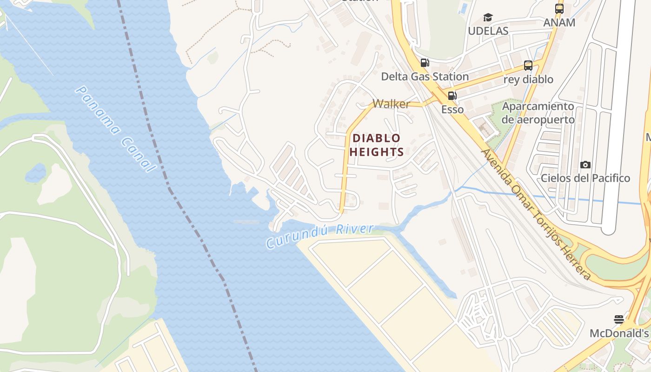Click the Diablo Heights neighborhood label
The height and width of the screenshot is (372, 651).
click(376, 145)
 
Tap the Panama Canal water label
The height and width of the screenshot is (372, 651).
click(114, 129)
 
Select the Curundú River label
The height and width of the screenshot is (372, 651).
click(320, 236)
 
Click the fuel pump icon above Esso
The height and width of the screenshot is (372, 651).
click(452, 96)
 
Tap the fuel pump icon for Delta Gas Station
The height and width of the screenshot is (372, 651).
click(425, 63)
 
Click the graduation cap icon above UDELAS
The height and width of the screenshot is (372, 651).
click(488, 18)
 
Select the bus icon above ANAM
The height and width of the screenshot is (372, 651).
click(559, 9)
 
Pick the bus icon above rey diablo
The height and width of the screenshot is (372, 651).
click(528, 66)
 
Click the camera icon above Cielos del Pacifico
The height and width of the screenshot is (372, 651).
click(585, 165)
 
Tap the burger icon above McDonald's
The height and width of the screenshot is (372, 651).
click(618, 319)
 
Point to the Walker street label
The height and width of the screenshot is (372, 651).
click(391, 104)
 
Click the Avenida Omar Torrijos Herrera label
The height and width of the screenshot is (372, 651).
click(535, 214)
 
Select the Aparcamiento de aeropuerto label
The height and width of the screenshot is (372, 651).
click(538, 113)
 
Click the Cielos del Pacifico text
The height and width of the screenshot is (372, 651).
click(585, 178)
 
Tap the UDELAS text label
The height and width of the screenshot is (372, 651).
click(488, 31)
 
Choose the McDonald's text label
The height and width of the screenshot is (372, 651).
click(619, 333)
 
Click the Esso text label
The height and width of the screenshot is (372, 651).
click(452, 110)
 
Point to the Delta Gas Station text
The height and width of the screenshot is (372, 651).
click(425, 76)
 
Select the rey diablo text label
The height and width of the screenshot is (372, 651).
click(528, 79)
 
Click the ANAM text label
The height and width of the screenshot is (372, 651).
click(559, 22)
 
